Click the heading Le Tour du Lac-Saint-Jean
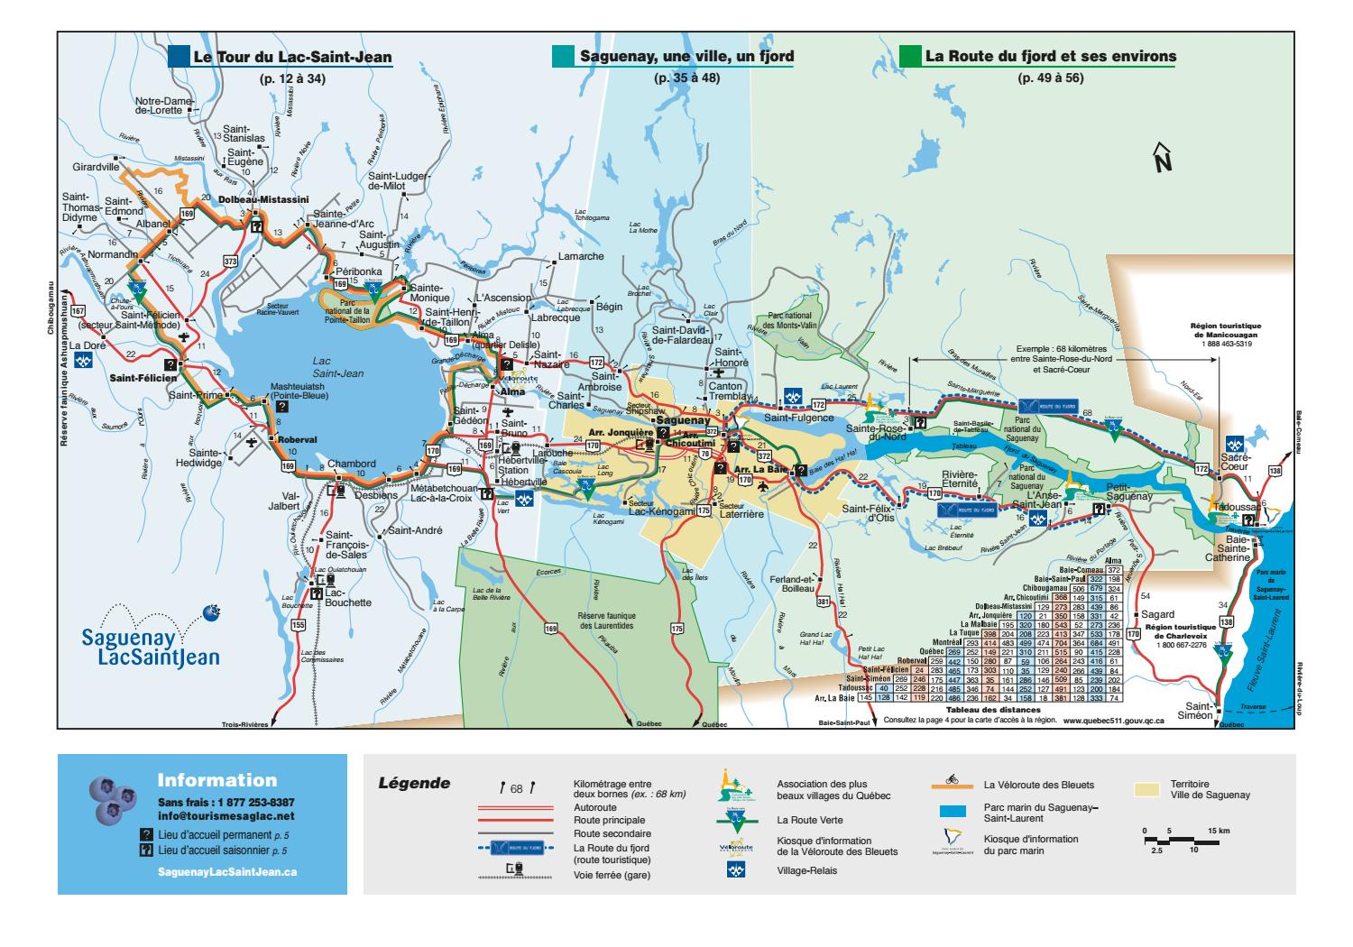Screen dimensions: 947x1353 click(x=292, y=57)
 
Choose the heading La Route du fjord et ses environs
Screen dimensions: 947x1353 click(x=1050, y=57)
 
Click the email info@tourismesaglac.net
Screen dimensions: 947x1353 click(x=225, y=816)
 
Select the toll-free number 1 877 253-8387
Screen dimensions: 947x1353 click(x=225, y=803)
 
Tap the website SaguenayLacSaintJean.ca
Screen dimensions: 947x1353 click(x=226, y=873)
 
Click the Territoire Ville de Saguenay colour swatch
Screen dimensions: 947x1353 click(x=1147, y=789)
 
